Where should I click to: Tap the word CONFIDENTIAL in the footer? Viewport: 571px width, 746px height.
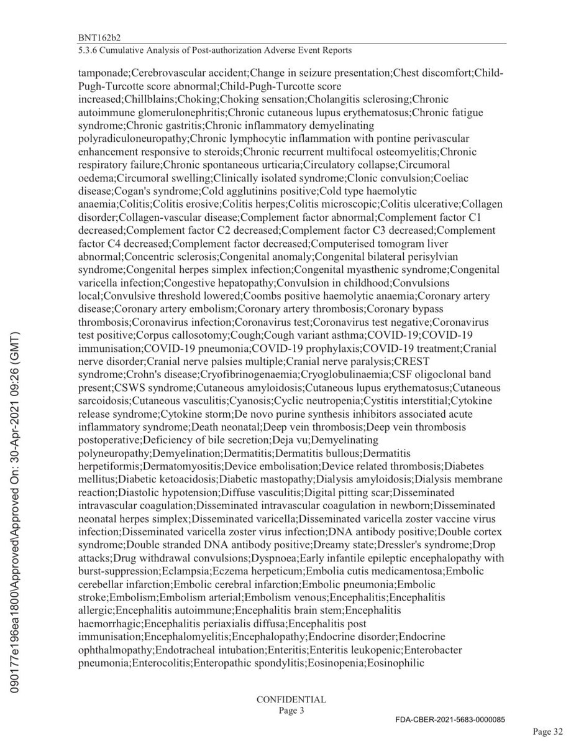[x=291, y=699]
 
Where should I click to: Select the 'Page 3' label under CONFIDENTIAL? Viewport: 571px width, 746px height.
[x=291, y=710]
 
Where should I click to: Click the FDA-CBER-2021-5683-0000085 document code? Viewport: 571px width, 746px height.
[x=450, y=719]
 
